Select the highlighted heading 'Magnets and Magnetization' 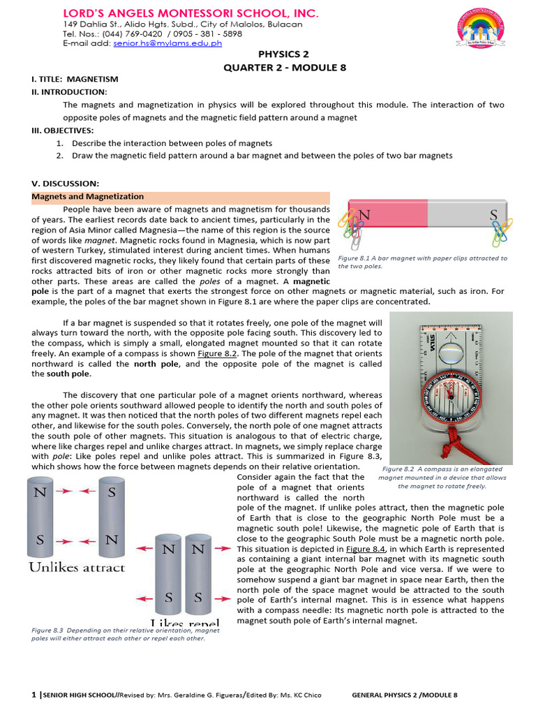coord(88,197)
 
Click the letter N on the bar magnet coord(364,215)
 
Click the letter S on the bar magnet coord(493,215)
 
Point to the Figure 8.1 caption coord(422,262)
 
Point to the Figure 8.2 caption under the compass coord(442,477)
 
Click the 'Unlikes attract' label coord(77,568)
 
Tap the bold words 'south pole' coord(51,374)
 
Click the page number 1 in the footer coord(33,695)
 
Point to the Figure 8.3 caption coord(126,634)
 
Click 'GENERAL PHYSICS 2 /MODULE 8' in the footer coord(405,695)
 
